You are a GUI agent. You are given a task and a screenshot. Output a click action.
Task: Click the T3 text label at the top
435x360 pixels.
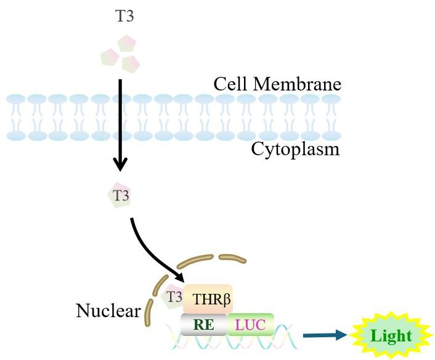(124, 17)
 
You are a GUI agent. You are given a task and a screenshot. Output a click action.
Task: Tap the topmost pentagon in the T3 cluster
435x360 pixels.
(126, 44)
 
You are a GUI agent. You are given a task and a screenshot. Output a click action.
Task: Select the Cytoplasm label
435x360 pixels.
(295, 149)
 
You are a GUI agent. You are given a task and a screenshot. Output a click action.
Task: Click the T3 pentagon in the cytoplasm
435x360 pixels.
(120, 196)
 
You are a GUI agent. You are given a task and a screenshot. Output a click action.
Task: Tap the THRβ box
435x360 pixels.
(207, 299)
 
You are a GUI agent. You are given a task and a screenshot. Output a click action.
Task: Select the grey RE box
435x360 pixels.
(204, 324)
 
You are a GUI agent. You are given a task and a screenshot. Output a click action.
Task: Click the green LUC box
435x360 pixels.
(250, 324)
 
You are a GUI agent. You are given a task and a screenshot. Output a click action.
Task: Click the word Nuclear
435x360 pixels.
(108, 311)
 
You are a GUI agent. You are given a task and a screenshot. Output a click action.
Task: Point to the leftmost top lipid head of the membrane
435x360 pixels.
(15, 99)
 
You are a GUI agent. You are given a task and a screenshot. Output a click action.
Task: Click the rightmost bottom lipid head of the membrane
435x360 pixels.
(331, 134)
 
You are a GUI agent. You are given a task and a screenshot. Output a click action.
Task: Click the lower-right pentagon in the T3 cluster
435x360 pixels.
(131, 63)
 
